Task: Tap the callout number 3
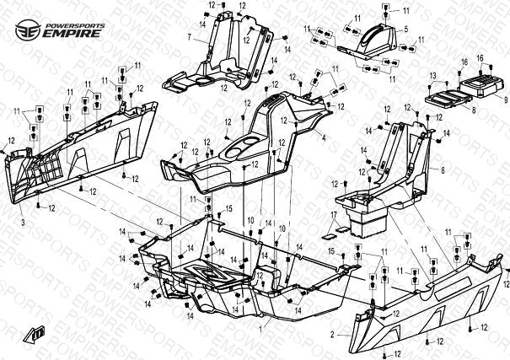[23, 221]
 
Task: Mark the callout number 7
[191, 36]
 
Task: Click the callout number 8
[473, 110]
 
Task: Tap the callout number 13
[432, 76]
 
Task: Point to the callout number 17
[334, 217]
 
